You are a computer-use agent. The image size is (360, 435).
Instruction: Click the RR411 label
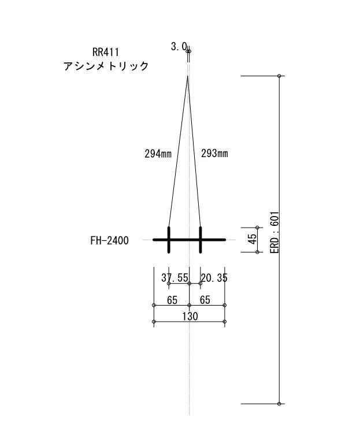pos(106,52)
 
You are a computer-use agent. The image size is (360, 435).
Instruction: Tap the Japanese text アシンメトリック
pos(106,66)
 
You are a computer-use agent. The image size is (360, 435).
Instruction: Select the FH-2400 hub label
pos(109,240)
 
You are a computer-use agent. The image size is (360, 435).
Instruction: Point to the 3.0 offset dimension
pos(179,47)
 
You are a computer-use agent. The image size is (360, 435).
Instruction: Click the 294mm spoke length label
pos(158,154)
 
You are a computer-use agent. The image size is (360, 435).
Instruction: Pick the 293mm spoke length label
pos(214,153)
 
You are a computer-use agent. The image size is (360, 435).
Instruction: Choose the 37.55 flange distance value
pos(175,278)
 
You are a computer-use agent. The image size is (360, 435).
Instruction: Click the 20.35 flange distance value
pos(214,278)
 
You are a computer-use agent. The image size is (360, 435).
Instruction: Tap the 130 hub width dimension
pos(190,316)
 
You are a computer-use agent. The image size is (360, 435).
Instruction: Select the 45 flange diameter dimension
pos(253,239)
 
